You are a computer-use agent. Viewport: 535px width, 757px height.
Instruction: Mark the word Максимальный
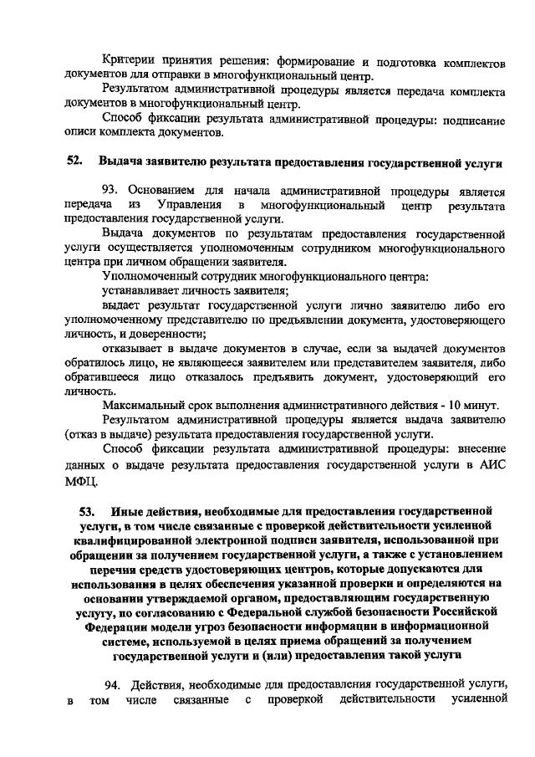(x=140, y=405)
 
